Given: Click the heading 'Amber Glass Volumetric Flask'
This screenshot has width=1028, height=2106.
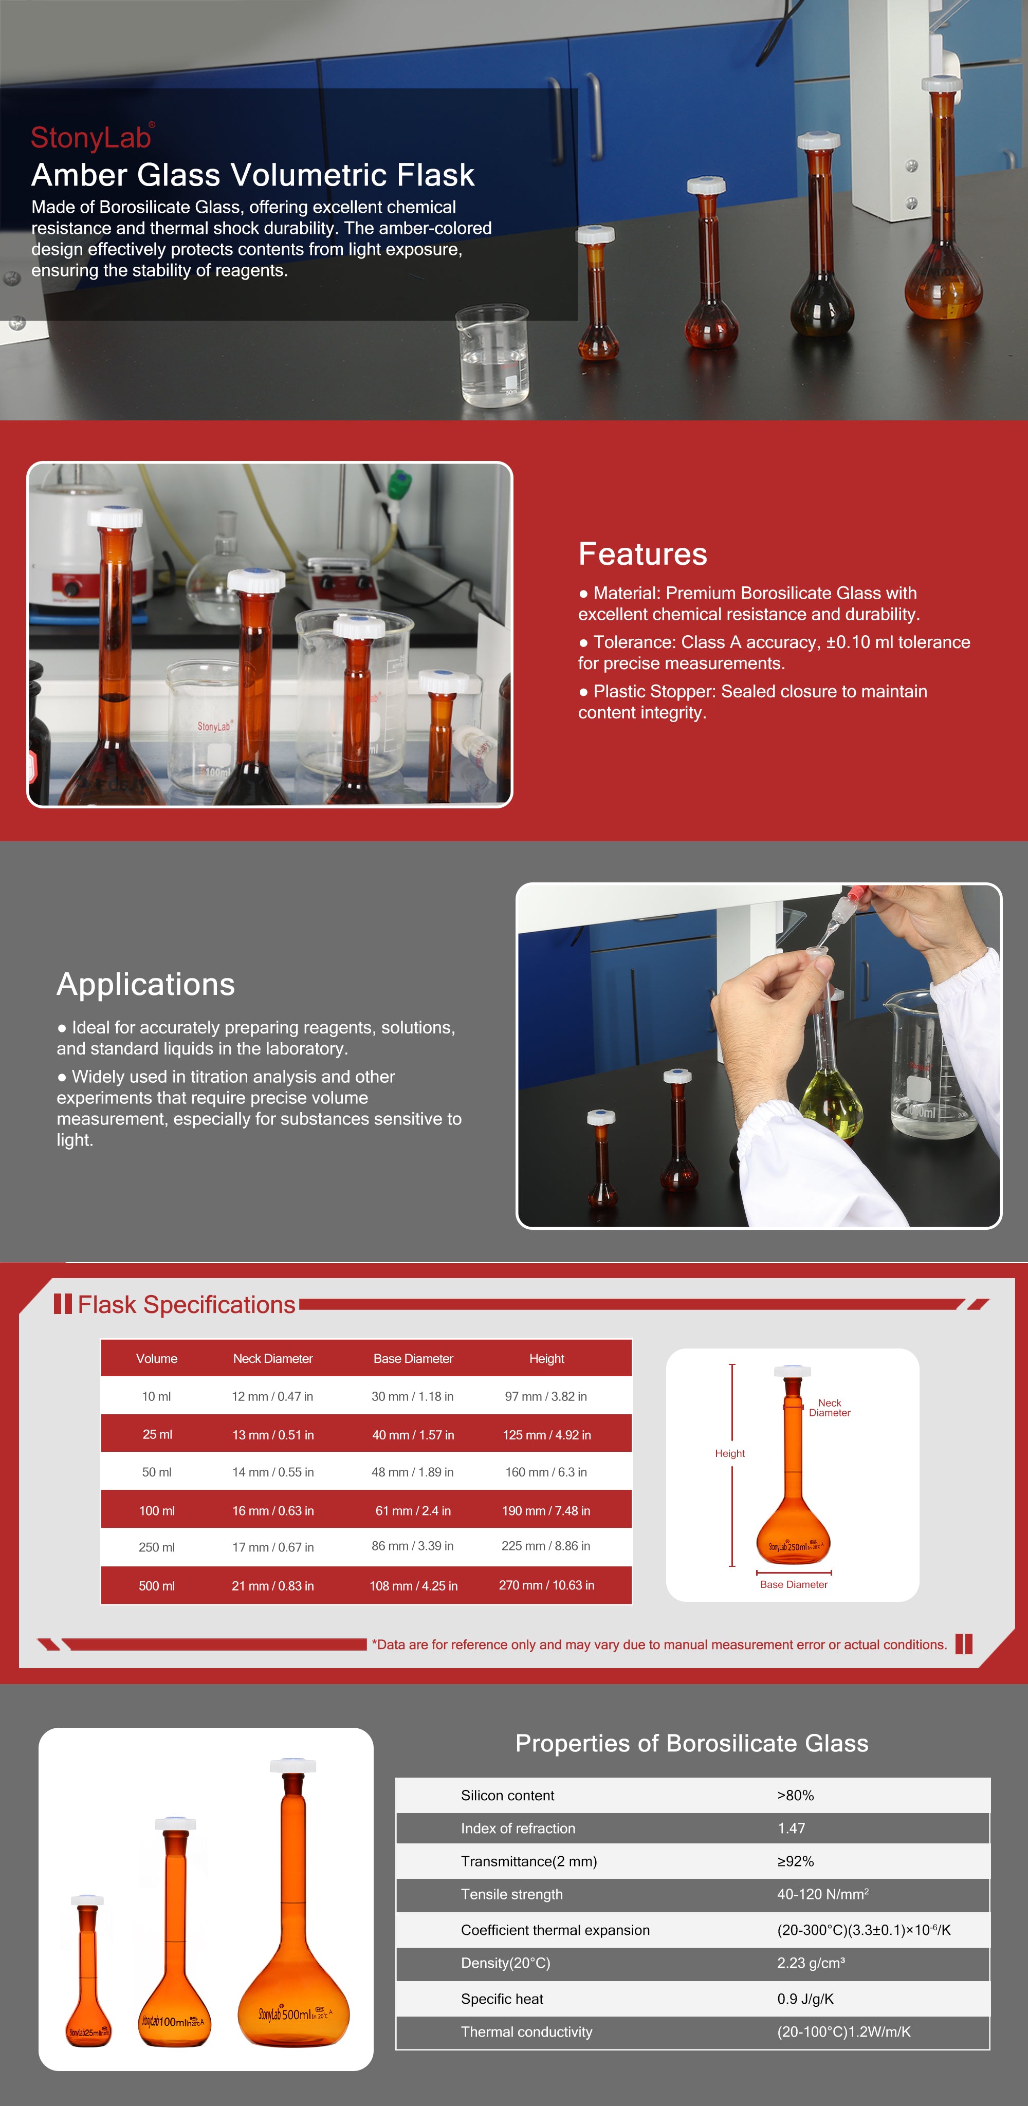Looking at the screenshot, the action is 253,175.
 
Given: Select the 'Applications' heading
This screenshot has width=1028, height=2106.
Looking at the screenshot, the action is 145,984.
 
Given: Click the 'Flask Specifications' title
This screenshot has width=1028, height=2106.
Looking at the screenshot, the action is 187,1304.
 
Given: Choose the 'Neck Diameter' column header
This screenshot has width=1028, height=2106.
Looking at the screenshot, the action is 273,1358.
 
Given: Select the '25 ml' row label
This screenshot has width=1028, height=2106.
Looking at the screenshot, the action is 157,1434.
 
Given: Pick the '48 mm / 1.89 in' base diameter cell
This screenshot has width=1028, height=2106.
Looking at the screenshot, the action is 413,1472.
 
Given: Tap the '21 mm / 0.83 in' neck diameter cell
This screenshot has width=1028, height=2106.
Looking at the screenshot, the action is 273,1585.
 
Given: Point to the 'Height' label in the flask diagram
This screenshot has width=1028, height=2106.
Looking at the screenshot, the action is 729,1453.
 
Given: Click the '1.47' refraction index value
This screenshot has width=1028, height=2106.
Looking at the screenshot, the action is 791,1828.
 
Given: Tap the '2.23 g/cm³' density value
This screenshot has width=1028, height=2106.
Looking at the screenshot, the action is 811,1963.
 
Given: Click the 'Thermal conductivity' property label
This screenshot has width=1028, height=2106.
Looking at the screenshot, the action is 527,2031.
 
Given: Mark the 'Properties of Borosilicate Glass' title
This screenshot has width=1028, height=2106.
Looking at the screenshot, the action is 692,1743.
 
